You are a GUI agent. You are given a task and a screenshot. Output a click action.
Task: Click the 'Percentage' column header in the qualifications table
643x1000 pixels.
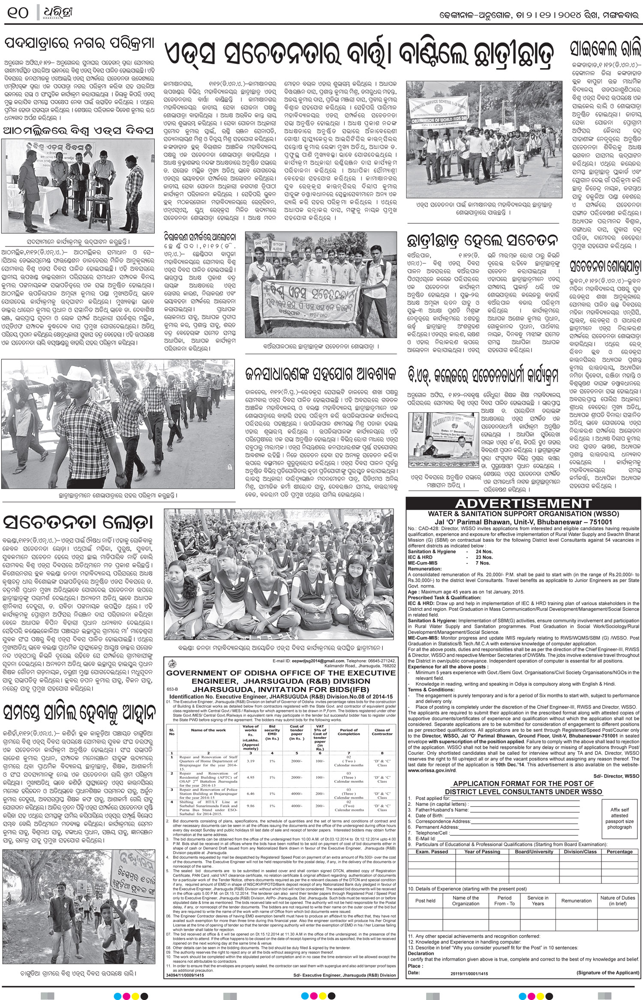(619, 851)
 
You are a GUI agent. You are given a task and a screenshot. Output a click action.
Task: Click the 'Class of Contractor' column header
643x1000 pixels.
(382, 732)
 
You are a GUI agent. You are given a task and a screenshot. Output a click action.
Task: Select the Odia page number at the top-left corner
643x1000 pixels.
(17, 13)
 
